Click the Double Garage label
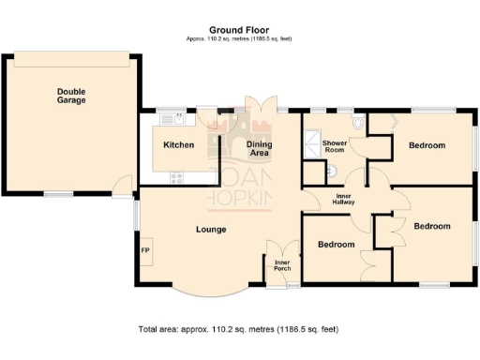pos(71,96)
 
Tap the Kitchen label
pos(178,145)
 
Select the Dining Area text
pos(259,148)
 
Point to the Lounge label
pos(211,230)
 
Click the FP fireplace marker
pos(145,251)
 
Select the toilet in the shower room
pos(360,123)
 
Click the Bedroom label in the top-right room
pos(427,145)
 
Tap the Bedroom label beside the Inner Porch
pos(336,245)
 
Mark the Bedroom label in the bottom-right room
pos(432,226)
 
